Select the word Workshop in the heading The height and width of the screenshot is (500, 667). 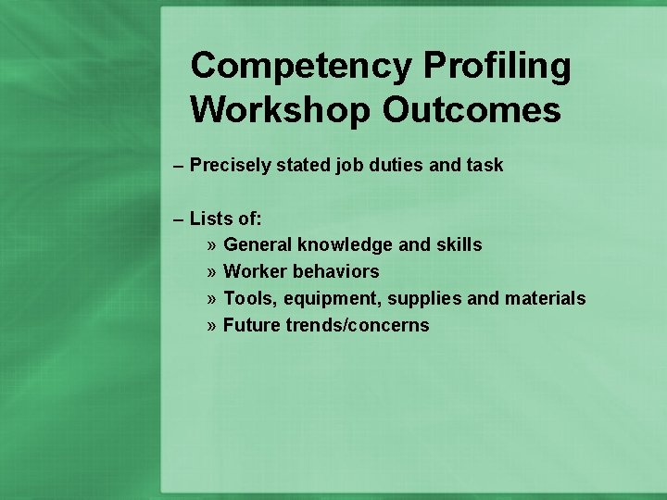point(280,110)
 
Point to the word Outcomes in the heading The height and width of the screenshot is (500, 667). point(471,110)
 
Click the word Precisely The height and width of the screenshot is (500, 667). point(229,165)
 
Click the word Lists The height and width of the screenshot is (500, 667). point(210,219)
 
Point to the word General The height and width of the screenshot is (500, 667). point(258,245)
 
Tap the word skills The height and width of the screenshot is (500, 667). point(460,245)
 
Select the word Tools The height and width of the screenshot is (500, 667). point(251,298)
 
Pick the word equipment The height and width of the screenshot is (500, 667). point(333,299)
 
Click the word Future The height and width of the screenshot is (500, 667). point(252,325)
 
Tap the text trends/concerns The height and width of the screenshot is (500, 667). point(358,325)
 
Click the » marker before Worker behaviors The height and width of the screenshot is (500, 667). point(212,272)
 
